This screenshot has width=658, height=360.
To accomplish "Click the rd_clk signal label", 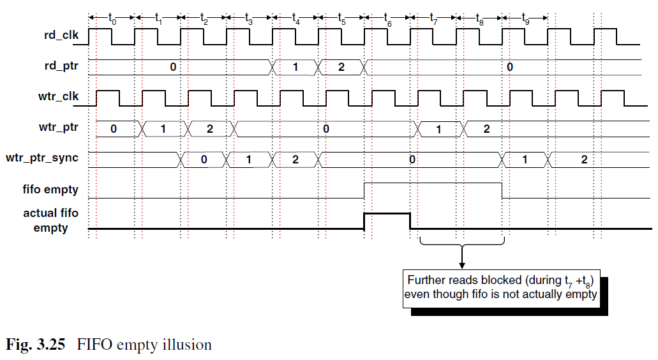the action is coord(61,35).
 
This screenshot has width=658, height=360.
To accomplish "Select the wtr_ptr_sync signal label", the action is coord(42,158).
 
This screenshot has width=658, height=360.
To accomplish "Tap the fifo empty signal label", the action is coord(50,190).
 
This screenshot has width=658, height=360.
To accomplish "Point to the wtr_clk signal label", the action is coord(58,96).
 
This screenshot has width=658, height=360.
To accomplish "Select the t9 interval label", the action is coord(525,19).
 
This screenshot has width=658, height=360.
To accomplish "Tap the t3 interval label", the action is coord(249,19).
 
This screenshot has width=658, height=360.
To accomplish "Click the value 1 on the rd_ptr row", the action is coord(295,67).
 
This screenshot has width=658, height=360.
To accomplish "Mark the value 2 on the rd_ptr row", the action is coord(341,67).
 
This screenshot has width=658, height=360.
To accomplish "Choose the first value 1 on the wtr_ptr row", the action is coord(163,129).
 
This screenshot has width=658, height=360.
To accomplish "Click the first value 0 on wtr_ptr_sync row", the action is coord(204,160).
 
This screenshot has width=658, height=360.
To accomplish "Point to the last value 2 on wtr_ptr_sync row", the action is coord(584,160).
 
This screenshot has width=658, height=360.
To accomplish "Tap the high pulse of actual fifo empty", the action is coord(387,214).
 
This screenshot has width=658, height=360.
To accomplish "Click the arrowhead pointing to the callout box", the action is coord(462,266).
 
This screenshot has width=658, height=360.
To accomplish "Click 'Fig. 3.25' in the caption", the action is coord(36,345).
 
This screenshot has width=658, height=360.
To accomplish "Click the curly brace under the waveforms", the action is coord(462,243).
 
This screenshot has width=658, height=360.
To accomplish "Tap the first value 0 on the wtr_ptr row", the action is coord(114,129).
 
